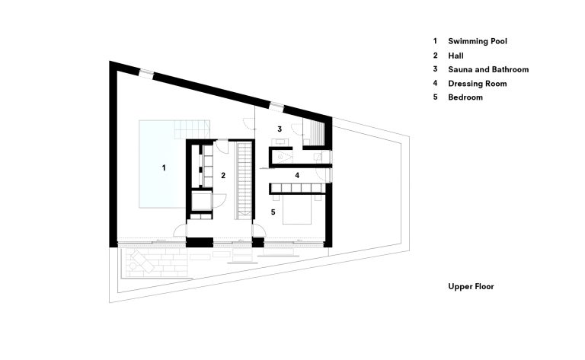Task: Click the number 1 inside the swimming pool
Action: point(164,167)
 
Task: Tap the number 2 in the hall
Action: point(223,175)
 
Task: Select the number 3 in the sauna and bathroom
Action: point(280,129)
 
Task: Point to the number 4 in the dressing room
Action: point(297,175)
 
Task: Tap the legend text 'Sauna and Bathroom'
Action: point(487,69)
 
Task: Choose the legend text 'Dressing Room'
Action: point(477,84)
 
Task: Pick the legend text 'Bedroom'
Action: point(465,97)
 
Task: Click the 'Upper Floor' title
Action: point(471,287)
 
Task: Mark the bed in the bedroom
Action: point(297,210)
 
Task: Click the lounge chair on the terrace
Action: point(142,262)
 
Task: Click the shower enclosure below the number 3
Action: point(283,157)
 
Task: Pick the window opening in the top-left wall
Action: point(145,74)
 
